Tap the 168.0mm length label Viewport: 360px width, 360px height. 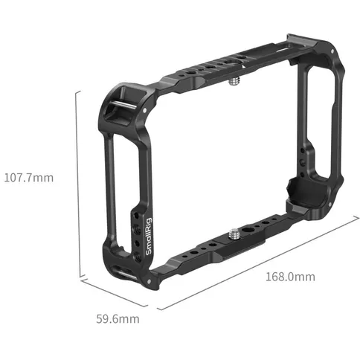point(290,277)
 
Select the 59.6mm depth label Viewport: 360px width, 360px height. point(118,319)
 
